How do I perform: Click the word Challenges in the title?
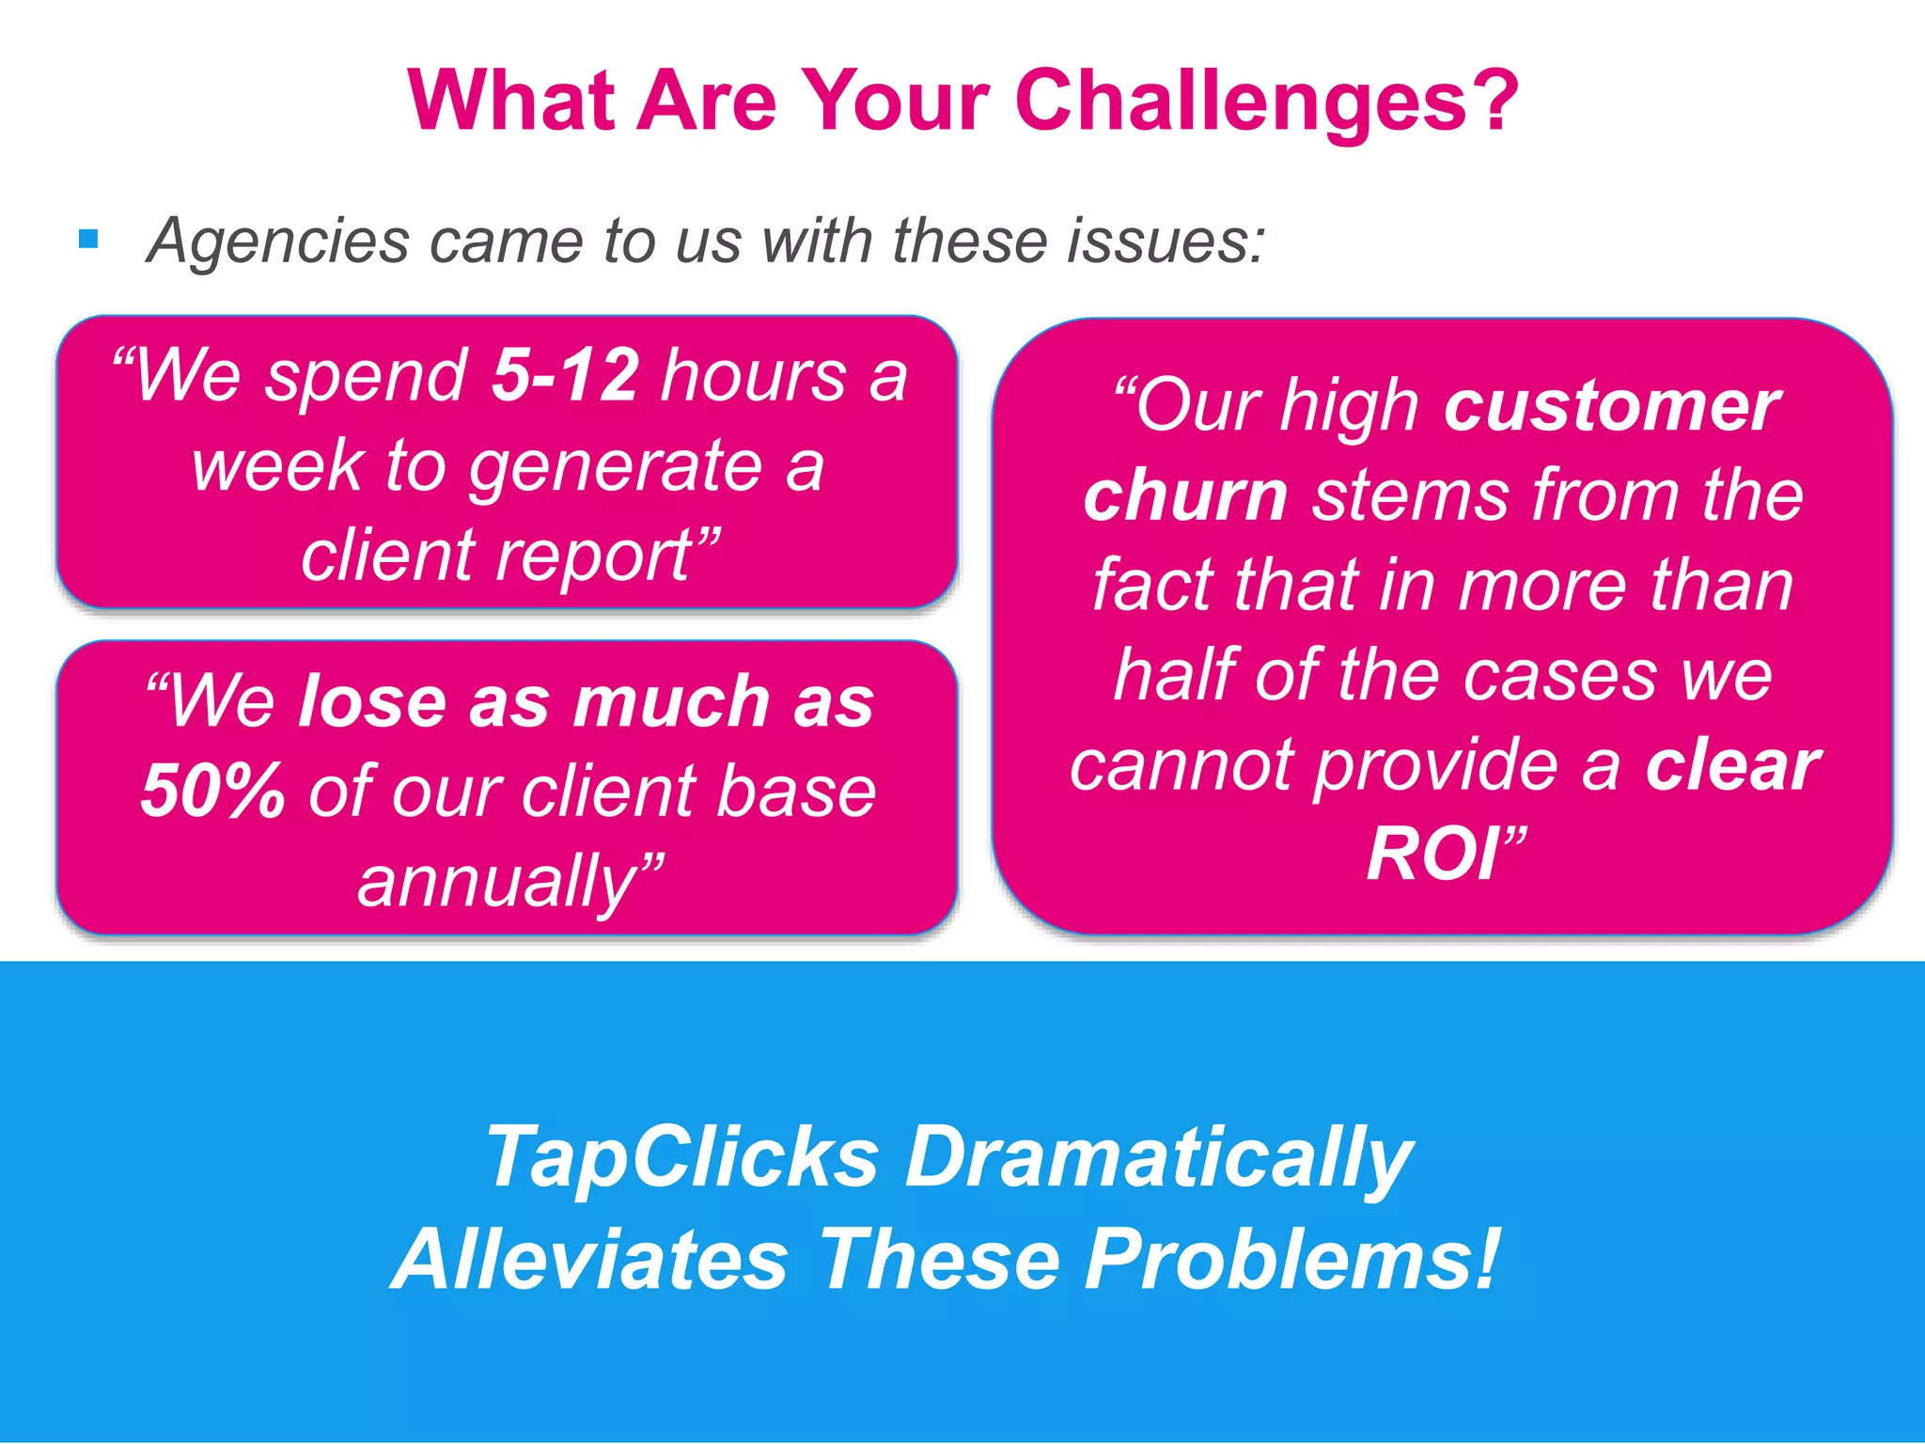[1266, 102]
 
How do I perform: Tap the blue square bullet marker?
[89, 240]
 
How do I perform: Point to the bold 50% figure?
[212, 792]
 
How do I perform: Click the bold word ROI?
[1432, 855]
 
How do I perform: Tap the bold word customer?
[1611, 407]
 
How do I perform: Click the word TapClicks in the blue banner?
[683, 1157]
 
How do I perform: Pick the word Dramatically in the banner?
[1158, 1159]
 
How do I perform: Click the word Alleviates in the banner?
[590, 1260]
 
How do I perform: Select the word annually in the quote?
[499, 882]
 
